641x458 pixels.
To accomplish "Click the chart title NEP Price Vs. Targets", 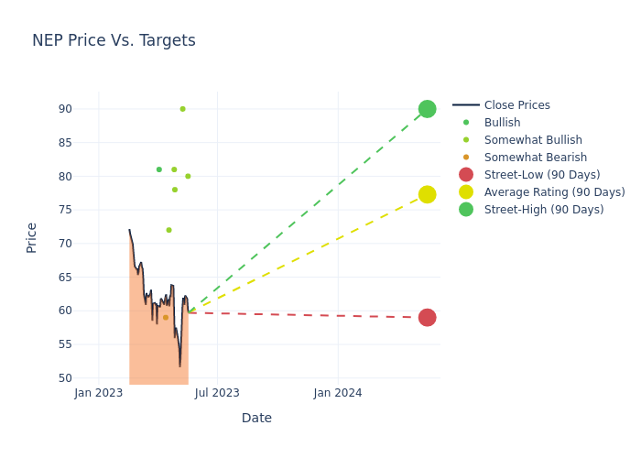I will coord(114,40).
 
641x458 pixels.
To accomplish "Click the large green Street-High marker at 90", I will coord(427,109).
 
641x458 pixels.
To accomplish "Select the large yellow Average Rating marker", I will coord(427,194).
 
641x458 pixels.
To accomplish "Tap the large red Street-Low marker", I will coord(427,318).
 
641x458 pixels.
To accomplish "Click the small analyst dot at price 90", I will coord(182,109).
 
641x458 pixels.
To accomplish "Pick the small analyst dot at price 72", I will coord(168,230).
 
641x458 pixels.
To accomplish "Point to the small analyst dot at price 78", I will coord(175,190).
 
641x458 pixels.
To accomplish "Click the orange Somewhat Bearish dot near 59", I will coord(166,318).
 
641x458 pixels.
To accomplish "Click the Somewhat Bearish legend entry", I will coord(523,158).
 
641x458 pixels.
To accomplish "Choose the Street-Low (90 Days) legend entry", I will coord(542,175).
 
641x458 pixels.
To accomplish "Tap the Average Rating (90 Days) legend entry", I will coord(554,192).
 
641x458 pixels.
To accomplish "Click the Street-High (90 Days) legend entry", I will coord(544,210).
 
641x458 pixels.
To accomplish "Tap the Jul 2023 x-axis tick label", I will coord(218,393).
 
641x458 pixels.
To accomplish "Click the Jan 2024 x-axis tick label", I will coord(338,393).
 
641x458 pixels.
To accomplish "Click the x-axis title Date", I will coord(256,418).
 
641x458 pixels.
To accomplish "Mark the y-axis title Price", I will coord(32,237).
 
